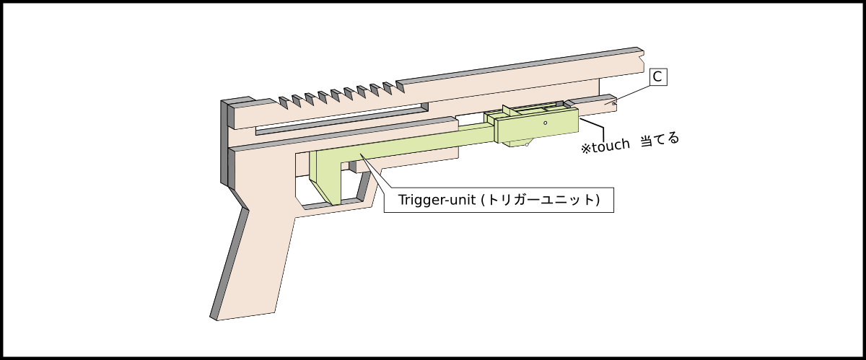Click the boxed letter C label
(x=657, y=76)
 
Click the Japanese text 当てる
(x=660, y=139)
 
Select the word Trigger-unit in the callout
(x=437, y=200)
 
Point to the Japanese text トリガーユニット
(x=544, y=200)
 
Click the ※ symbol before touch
(x=586, y=148)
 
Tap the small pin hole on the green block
(x=546, y=123)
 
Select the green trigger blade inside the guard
(x=325, y=177)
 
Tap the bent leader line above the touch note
(x=593, y=130)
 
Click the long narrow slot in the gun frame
(x=339, y=119)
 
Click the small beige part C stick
(x=595, y=106)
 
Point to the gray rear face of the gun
(x=225, y=144)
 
